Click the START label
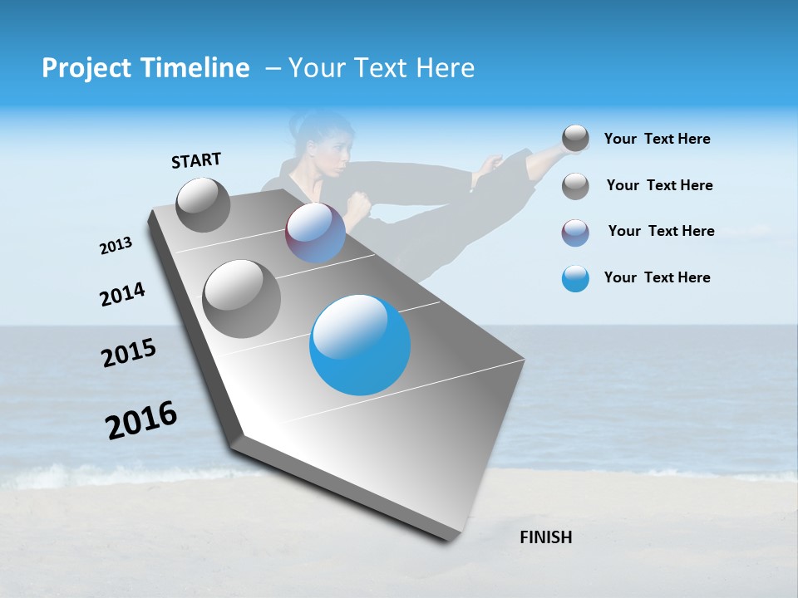(196, 160)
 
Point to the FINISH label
(546, 537)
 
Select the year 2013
(116, 246)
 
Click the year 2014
(122, 295)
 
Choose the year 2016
(141, 420)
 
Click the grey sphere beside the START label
(203, 204)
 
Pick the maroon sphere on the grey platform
(315, 233)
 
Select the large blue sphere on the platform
(360, 345)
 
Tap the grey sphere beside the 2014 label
(242, 298)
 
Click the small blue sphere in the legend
(575, 278)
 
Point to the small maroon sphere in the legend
(575, 233)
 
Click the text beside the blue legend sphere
(657, 277)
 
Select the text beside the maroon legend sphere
(661, 231)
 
